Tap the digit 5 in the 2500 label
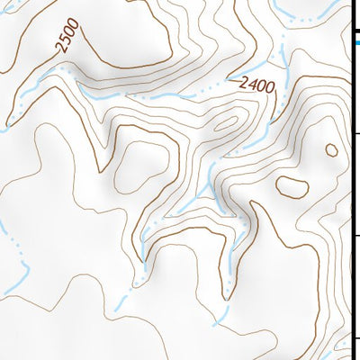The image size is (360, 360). coord(63,42)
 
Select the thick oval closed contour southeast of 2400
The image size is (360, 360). coord(291,187)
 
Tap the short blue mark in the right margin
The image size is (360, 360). coord(355,40)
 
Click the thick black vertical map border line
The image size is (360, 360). coord(350,180)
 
